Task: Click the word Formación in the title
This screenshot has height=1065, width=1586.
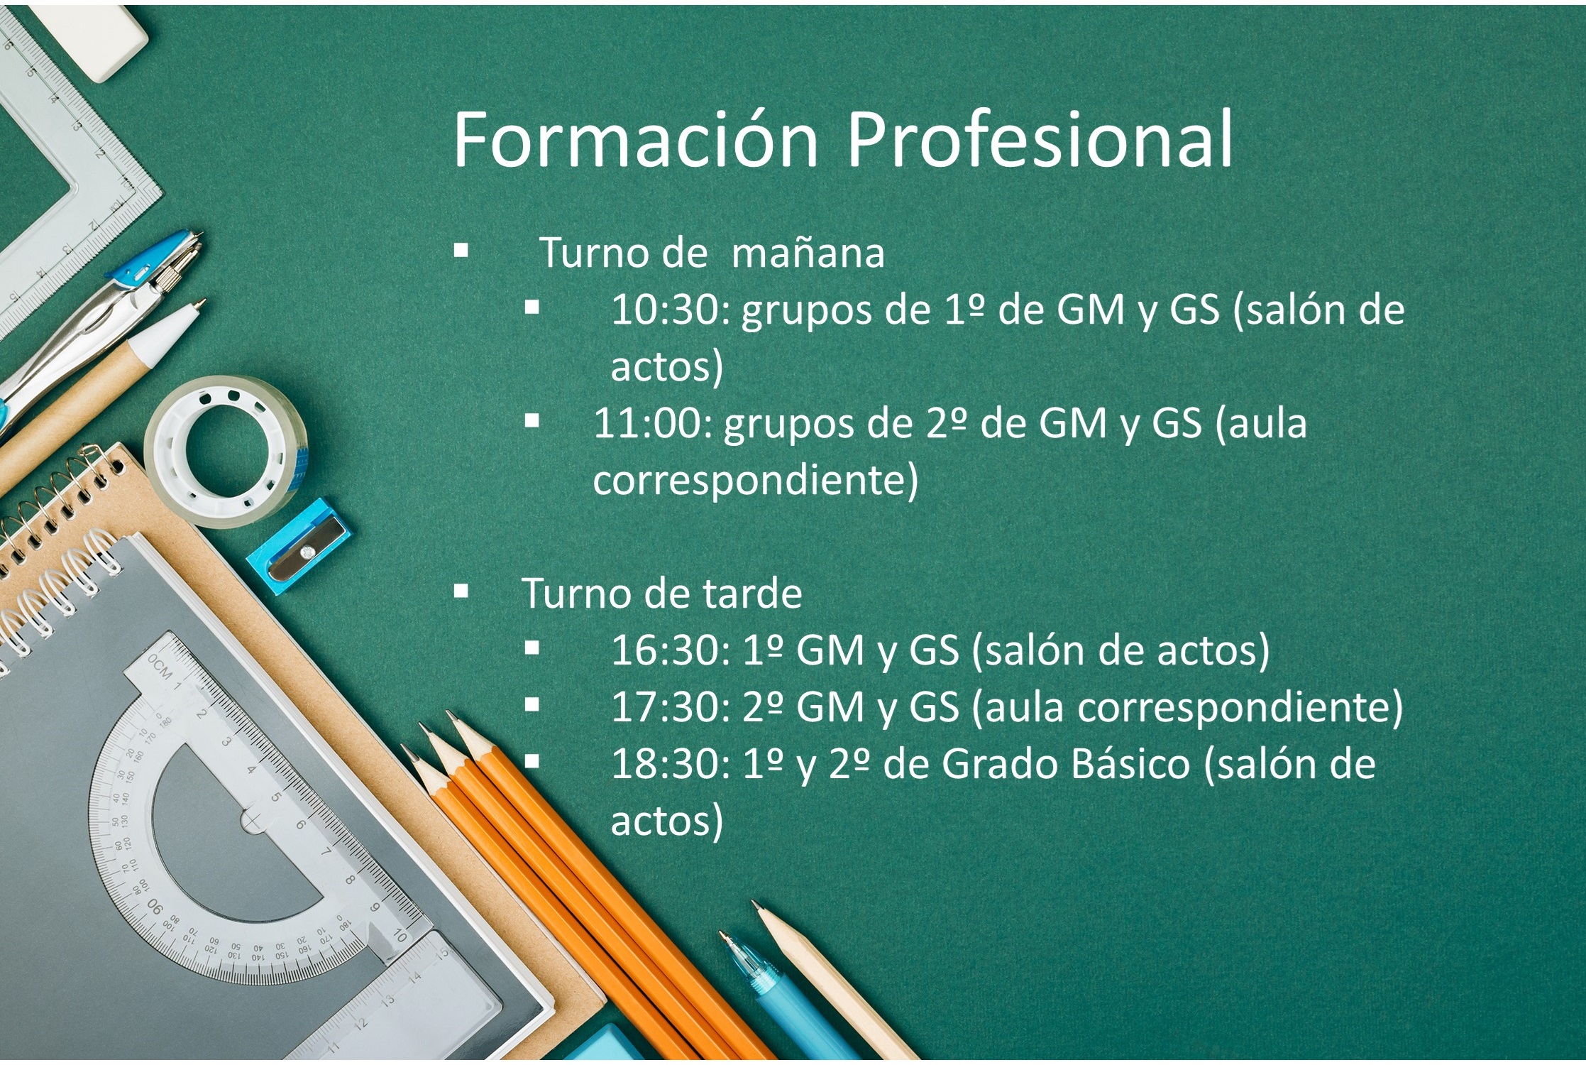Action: [636, 139]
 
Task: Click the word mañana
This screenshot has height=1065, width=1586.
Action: [808, 253]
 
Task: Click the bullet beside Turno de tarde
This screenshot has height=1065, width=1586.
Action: [461, 591]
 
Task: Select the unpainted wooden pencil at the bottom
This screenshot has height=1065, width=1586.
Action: [837, 983]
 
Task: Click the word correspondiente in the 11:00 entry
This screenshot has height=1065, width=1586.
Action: [756, 481]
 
